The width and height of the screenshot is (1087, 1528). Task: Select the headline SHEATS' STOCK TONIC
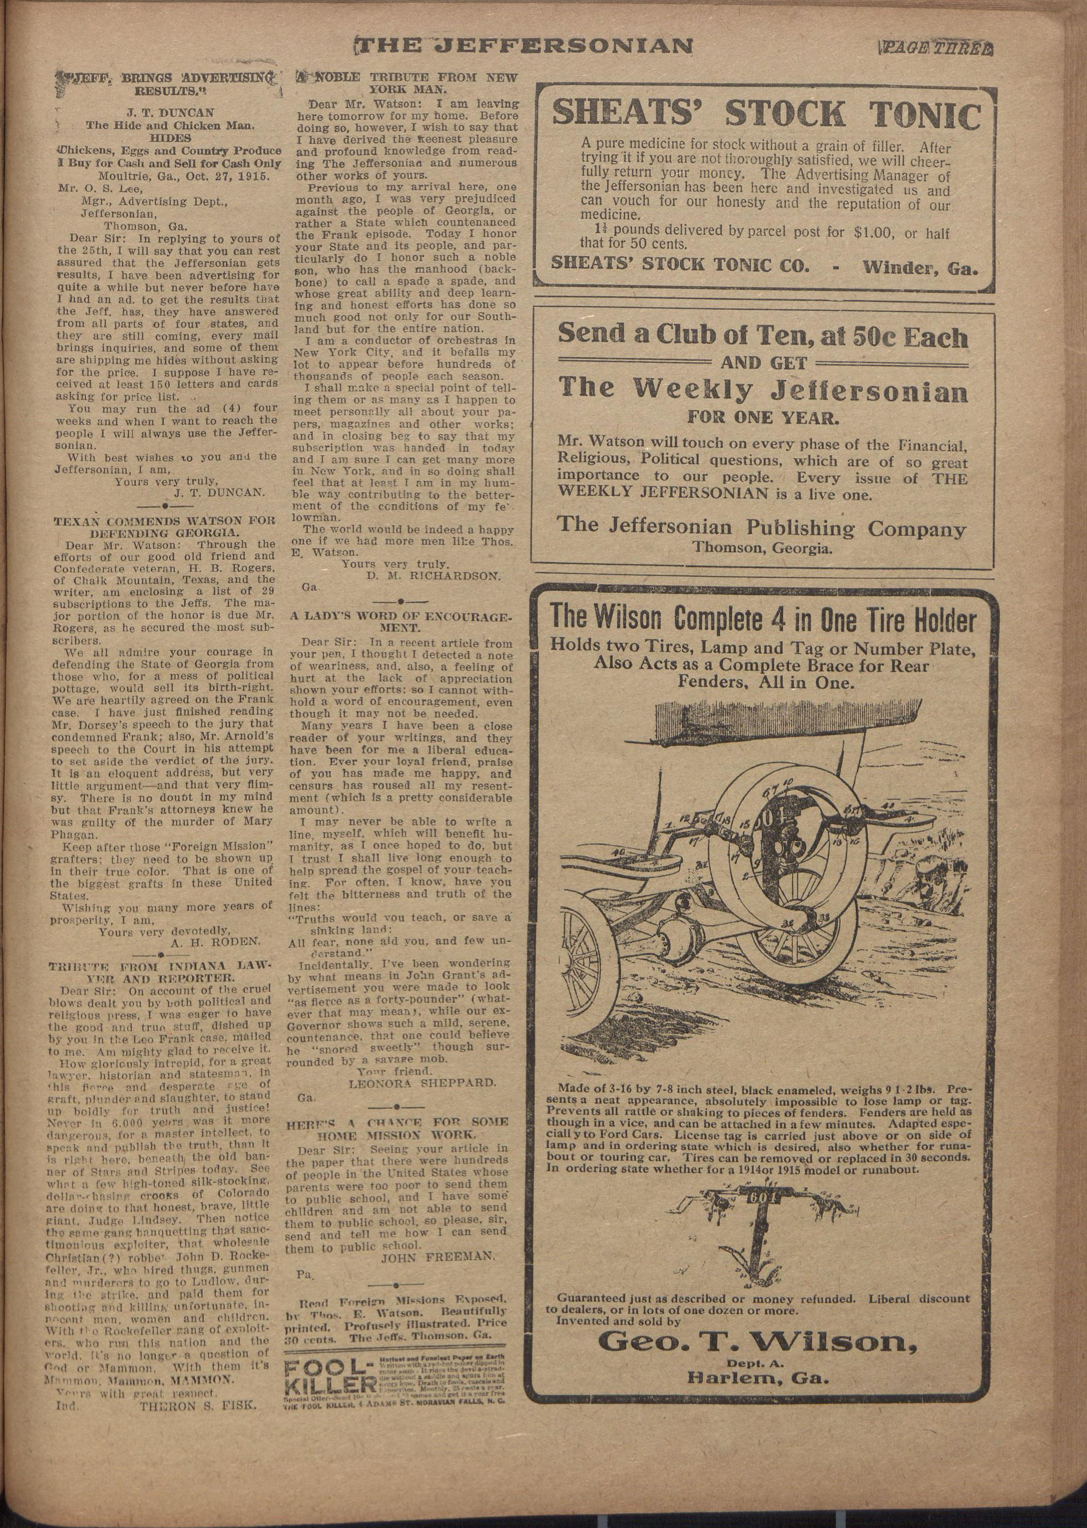pos(766,115)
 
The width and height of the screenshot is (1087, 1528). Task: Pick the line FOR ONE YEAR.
pos(762,420)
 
